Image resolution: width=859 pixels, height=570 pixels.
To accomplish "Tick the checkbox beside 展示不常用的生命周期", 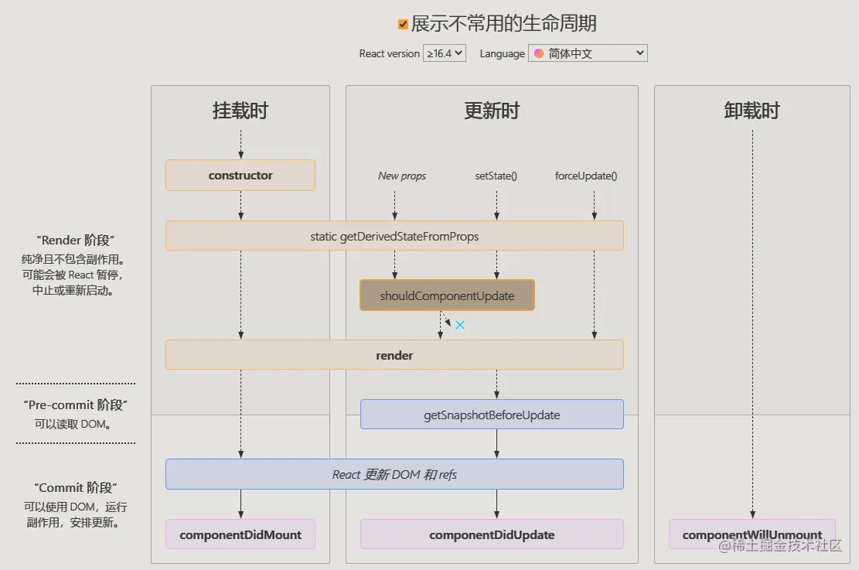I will [403, 25].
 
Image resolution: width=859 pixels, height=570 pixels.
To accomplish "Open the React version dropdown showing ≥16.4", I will [445, 53].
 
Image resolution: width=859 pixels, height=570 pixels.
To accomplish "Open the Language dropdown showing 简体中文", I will [588, 53].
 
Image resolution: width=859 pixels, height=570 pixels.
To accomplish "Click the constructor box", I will [240, 176].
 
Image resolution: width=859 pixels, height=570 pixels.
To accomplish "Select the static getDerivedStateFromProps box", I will [394, 236].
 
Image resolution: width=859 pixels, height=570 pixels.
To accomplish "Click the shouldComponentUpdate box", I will [447, 296].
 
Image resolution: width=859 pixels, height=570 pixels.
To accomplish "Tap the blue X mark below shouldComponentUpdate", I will [460, 325].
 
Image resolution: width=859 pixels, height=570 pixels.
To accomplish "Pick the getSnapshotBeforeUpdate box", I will [492, 415].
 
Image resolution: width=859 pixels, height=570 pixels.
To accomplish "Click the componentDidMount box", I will [240, 534].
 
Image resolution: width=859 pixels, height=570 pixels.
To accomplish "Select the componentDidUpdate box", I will [492, 534].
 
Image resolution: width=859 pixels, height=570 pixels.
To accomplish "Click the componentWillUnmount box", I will [752, 534].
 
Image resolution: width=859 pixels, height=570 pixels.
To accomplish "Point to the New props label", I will [402, 176].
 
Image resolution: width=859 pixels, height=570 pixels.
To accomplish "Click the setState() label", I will [496, 176].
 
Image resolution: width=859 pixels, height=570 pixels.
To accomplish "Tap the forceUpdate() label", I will [586, 176].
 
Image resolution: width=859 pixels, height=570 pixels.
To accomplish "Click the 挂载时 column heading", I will [240, 111].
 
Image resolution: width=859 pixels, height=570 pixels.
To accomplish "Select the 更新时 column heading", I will [492, 111].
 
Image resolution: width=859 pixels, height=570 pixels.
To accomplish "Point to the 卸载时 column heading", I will [752, 111].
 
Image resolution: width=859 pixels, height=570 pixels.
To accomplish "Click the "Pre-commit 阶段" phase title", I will [76, 405].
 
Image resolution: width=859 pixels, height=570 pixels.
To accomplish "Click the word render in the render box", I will [394, 356].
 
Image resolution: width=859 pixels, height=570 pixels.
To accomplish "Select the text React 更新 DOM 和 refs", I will [394, 475].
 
